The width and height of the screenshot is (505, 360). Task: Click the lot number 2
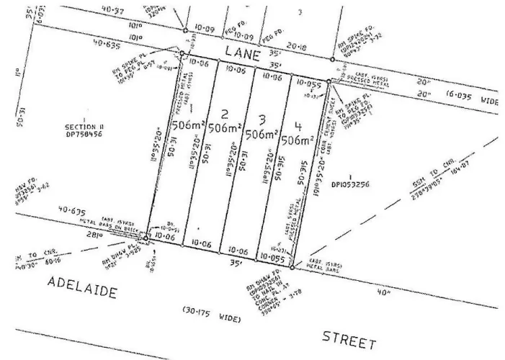[x=225, y=113]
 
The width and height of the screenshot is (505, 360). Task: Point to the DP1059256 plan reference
[x=354, y=184]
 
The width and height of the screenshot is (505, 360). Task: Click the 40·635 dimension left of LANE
[x=107, y=44]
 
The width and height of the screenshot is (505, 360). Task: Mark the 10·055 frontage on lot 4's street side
[x=272, y=257]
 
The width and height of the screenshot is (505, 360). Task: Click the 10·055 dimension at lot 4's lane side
[x=307, y=84]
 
